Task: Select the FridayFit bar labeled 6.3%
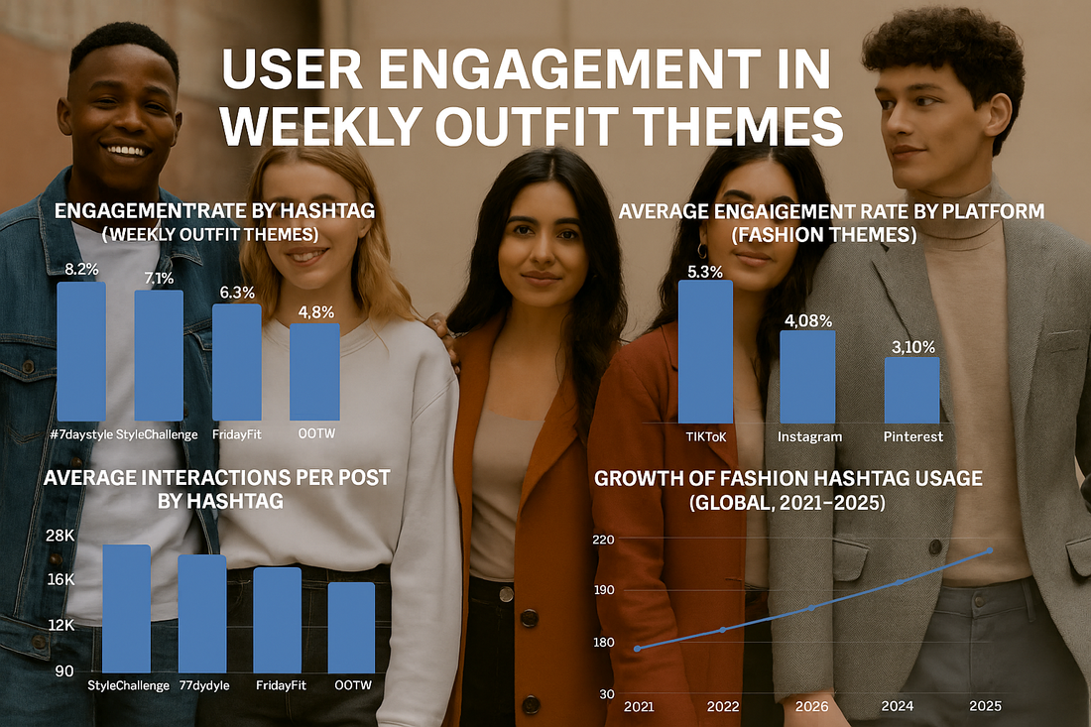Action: tap(236, 361)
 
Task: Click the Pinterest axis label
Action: tap(912, 436)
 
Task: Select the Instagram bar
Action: tap(807, 376)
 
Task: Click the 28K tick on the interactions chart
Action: tap(60, 536)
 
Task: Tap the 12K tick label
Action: tap(60, 626)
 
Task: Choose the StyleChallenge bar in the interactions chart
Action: tap(126, 607)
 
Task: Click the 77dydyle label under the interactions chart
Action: tap(202, 685)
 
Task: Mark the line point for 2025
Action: tap(988, 550)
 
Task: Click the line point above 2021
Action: tap(637, 649)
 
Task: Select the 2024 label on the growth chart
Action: tap(900, 706)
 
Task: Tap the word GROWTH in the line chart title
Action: tap(645, 479)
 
